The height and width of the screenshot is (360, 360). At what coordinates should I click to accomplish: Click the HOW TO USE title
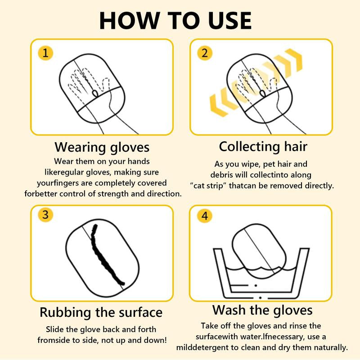coord(175,20)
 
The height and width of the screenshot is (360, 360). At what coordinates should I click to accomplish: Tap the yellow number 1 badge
coord(45,54)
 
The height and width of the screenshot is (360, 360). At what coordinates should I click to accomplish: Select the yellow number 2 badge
coord(204,54)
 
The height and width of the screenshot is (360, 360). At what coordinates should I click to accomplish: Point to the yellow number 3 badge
coord(45,215)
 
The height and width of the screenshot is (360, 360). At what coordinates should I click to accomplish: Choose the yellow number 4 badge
coord(205,216)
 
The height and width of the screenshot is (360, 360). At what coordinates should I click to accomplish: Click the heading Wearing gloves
coord(102,147)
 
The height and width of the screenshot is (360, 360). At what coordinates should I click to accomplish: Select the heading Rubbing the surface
coord(101,312)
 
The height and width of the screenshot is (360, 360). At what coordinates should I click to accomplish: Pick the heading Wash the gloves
coord(262,310)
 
